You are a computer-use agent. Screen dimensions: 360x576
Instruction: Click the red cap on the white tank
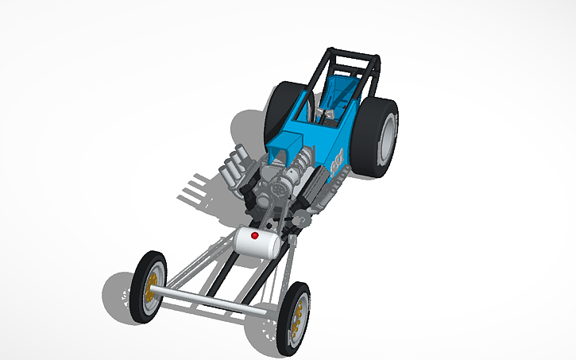[x=254, y=236]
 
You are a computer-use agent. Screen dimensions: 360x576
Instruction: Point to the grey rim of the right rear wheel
[x=387, y=139]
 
